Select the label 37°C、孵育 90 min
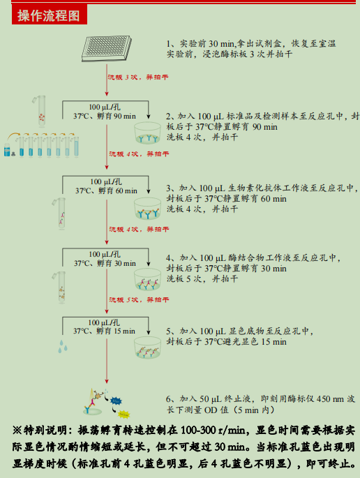tap(105, 115)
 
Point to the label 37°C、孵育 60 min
tap(105, 191)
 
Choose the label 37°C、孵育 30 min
tap(105, 263)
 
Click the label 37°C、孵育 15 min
tap(105, 331)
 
